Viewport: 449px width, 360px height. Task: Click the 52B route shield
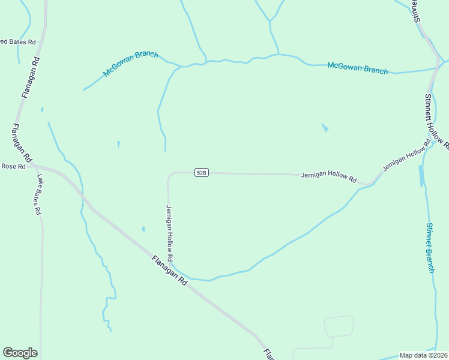coord(202,173)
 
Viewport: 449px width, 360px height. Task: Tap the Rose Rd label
coord(13,166)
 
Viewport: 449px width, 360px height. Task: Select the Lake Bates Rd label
coord(39,194)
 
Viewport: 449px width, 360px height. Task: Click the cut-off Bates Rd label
coord(18,42)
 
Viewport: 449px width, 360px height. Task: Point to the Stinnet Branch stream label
coord(430,247)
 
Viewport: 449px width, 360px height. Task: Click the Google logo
coord(20,353)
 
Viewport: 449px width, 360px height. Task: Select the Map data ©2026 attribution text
coord(423,355)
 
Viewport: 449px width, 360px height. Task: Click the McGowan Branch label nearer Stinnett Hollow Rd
coord(358,68)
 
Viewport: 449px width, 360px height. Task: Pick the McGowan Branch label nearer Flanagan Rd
coord(130,64)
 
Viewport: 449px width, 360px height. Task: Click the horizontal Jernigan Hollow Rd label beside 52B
coord(329,176)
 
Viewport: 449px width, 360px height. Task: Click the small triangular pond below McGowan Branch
coord(325,128)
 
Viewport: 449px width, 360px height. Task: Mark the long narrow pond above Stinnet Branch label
coord(421,176)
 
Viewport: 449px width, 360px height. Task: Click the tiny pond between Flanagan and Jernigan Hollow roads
coord(143,229)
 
